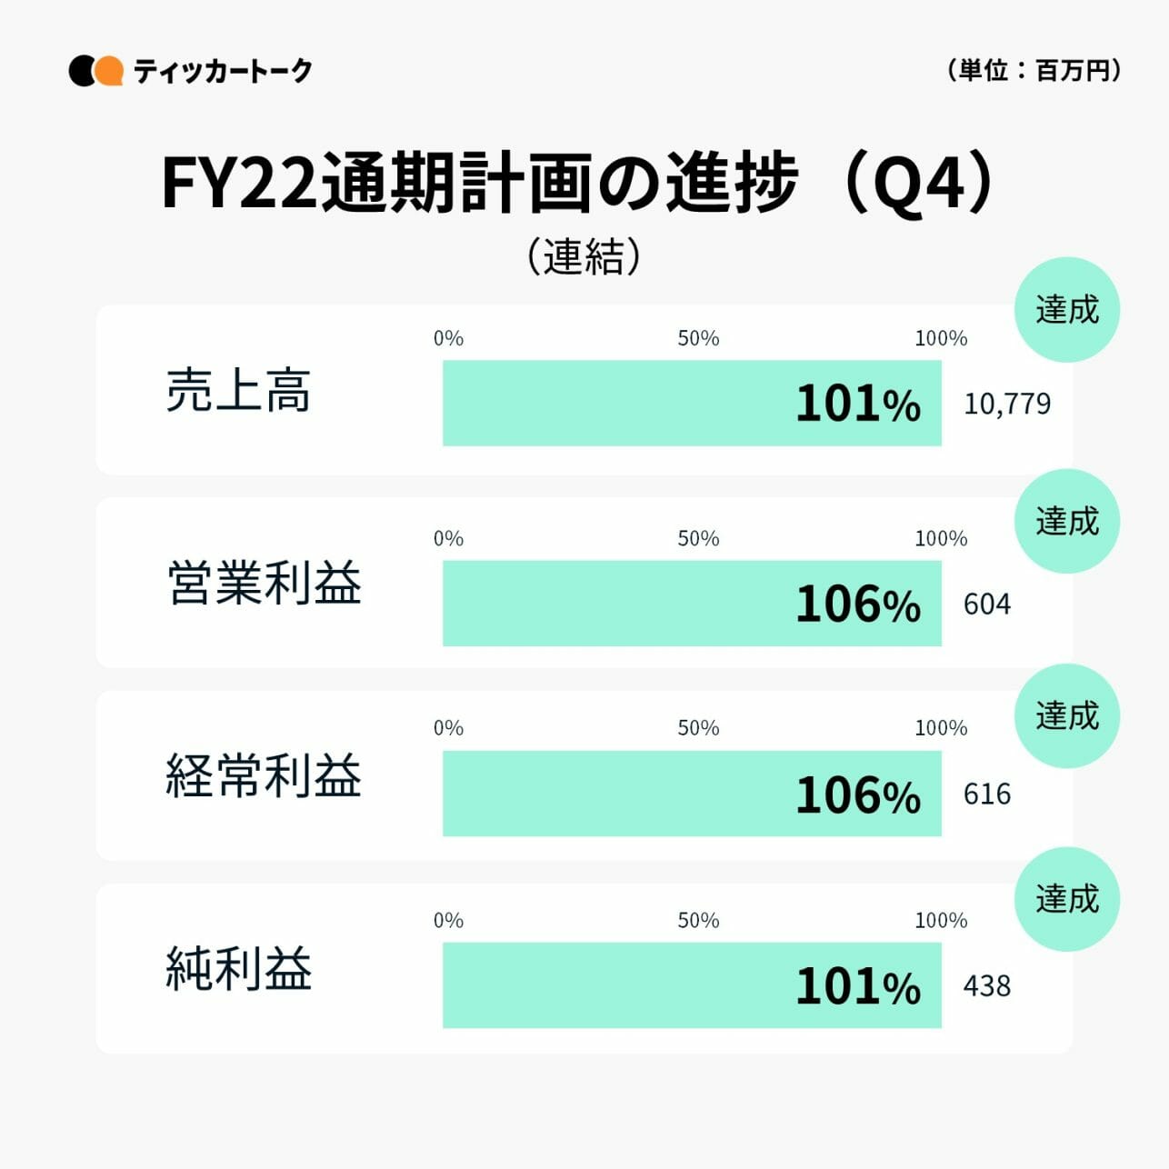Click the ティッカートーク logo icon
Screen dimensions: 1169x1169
tap(95, 71)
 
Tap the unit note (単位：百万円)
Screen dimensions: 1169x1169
tap(1034, 70)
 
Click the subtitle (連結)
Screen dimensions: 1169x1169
tap(584, 256)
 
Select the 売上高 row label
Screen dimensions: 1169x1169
tap(238, 391)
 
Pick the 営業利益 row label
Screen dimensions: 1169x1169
tap(264, 583)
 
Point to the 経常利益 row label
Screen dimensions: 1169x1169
tap(264, 775)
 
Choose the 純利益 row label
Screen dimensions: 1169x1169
tap(238, 968)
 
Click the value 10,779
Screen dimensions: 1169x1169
tap(1006, 404)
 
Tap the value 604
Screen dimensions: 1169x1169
tap(986, 604)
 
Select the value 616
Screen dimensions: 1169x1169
tap(986, 794)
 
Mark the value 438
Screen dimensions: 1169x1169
tap(986, 986)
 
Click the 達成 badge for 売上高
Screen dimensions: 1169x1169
tap(1066, 310)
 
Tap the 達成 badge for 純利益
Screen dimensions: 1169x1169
tap(1066, 899)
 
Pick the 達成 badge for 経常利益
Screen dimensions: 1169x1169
tap(1066, 716)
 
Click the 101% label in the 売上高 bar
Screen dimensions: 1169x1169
tap(858, 404)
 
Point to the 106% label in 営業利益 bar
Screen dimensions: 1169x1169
tap(858, 604)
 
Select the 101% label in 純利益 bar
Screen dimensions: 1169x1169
tap(858, 986)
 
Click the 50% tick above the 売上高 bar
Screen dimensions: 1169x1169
tap(698, 338)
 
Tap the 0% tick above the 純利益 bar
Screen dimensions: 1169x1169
tap(448, 920)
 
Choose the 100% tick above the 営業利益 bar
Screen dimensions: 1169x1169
tap(941, 538)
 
